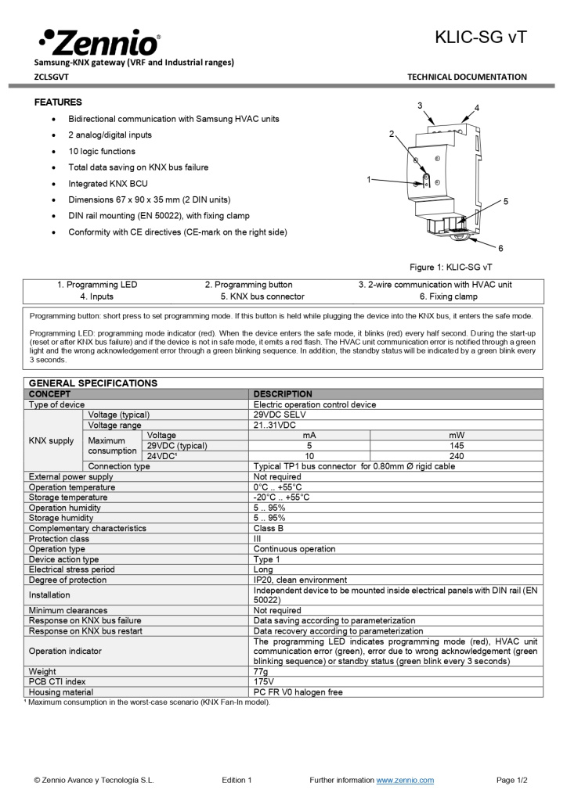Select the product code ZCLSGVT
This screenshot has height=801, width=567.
pyautogui.click(x=52, y=77)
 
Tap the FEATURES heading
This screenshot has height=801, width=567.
pyautogui.click(x=58, y=102)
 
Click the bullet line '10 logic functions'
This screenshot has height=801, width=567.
pyautogui.click(x=102, y=151)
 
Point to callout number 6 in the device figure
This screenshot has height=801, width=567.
pyautogui.click(x=500, y=248)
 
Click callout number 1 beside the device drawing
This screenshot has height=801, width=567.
pyautogui.click(x=369, y=180)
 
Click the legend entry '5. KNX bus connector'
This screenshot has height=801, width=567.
pyautogui.click(x=262, y=296)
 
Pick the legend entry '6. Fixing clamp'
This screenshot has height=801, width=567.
pyautogui.click(x=448, y=296)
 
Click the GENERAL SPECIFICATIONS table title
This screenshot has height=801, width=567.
pyautogui.click(x=93, y=383)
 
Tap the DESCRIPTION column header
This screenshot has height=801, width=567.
pyautogui.click(x=283, y=393)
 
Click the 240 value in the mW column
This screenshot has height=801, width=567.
pyautogui.click(x=456, y=455)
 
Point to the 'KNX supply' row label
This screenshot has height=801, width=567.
pyautogui.click(x=52, y=440)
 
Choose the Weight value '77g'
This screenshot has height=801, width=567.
pyautogui.click(x=261, y=671)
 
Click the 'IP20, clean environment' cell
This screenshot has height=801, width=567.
pyautogui.click(x=300, y=580)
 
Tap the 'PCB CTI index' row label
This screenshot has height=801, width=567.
pyautogui.click(x=57, y=681)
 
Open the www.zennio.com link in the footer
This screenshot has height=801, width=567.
pyautogui.click(x=405, y=780)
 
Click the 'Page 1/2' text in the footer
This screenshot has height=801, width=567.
pyautogui.click(x=512, y=780)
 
